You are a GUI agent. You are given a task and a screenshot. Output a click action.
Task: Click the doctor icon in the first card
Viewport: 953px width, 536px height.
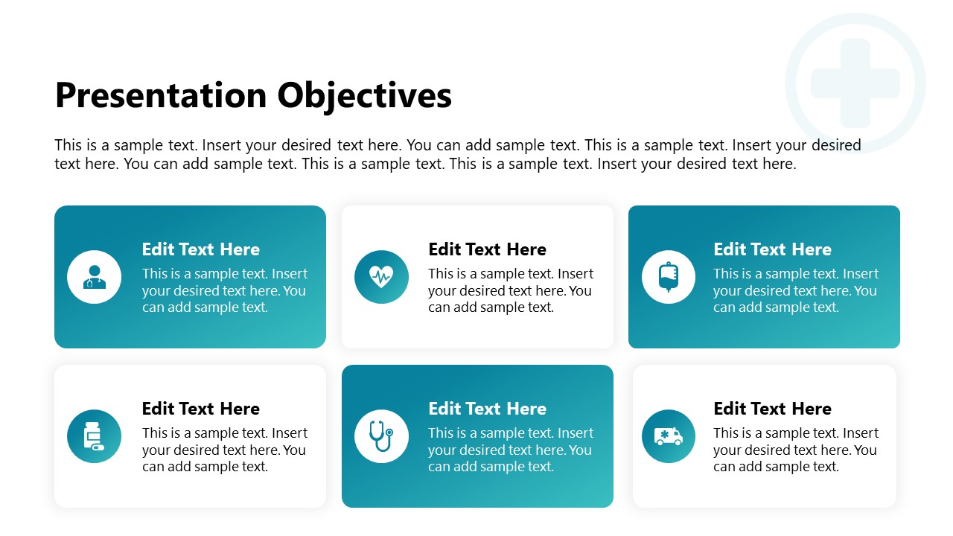(94, 277)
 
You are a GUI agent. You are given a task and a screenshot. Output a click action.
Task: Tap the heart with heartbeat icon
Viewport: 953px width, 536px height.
(381, 277)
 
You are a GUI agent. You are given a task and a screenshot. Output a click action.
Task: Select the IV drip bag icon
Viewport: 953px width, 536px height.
(668, 277)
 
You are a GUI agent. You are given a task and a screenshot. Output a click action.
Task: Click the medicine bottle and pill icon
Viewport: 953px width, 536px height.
(94, 436)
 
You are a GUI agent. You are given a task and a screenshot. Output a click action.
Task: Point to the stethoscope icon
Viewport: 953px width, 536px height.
(381, 436)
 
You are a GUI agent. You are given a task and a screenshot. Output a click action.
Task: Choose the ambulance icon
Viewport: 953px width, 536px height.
(668, 436)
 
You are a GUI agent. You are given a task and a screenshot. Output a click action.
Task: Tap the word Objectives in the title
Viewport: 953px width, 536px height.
(364, 96)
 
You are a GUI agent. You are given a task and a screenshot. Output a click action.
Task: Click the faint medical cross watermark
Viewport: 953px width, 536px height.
(855, 83)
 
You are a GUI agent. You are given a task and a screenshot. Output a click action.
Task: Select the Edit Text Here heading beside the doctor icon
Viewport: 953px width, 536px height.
(201, 249)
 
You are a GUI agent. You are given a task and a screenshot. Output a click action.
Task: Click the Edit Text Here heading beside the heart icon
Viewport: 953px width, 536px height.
(487, 249)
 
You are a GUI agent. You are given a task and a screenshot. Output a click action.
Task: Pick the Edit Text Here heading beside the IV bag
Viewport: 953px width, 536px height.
(772, 249)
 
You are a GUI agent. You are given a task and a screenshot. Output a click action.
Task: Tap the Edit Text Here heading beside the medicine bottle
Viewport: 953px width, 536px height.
(201, 409)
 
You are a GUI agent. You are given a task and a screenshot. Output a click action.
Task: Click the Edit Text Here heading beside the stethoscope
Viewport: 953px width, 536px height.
(487, 409)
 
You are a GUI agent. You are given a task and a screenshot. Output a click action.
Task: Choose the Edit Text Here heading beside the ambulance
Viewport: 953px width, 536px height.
(772, 409)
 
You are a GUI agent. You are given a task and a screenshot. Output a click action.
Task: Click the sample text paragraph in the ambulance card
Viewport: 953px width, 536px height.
(795, 450)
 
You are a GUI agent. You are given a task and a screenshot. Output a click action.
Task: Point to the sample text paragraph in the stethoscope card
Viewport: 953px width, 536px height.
(510, 450)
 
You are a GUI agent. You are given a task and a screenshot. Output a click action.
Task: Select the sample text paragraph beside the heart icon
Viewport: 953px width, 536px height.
(510, 290)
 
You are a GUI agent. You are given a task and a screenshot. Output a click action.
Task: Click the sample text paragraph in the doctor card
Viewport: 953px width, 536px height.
(224, 290)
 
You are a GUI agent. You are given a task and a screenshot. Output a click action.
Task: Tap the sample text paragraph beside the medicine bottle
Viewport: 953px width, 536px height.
(224, 450)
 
